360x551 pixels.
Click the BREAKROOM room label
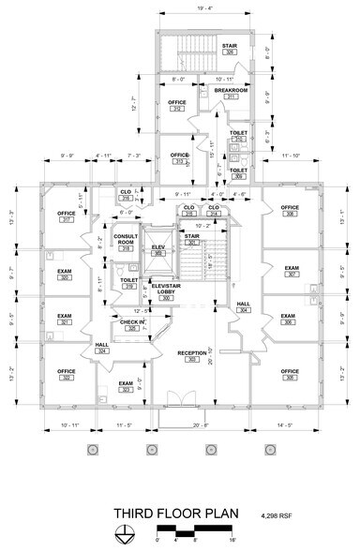click(225, 92)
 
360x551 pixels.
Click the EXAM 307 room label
click(292, 272)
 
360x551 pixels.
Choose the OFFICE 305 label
click(290, 375)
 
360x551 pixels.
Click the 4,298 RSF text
click(277, 514)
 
